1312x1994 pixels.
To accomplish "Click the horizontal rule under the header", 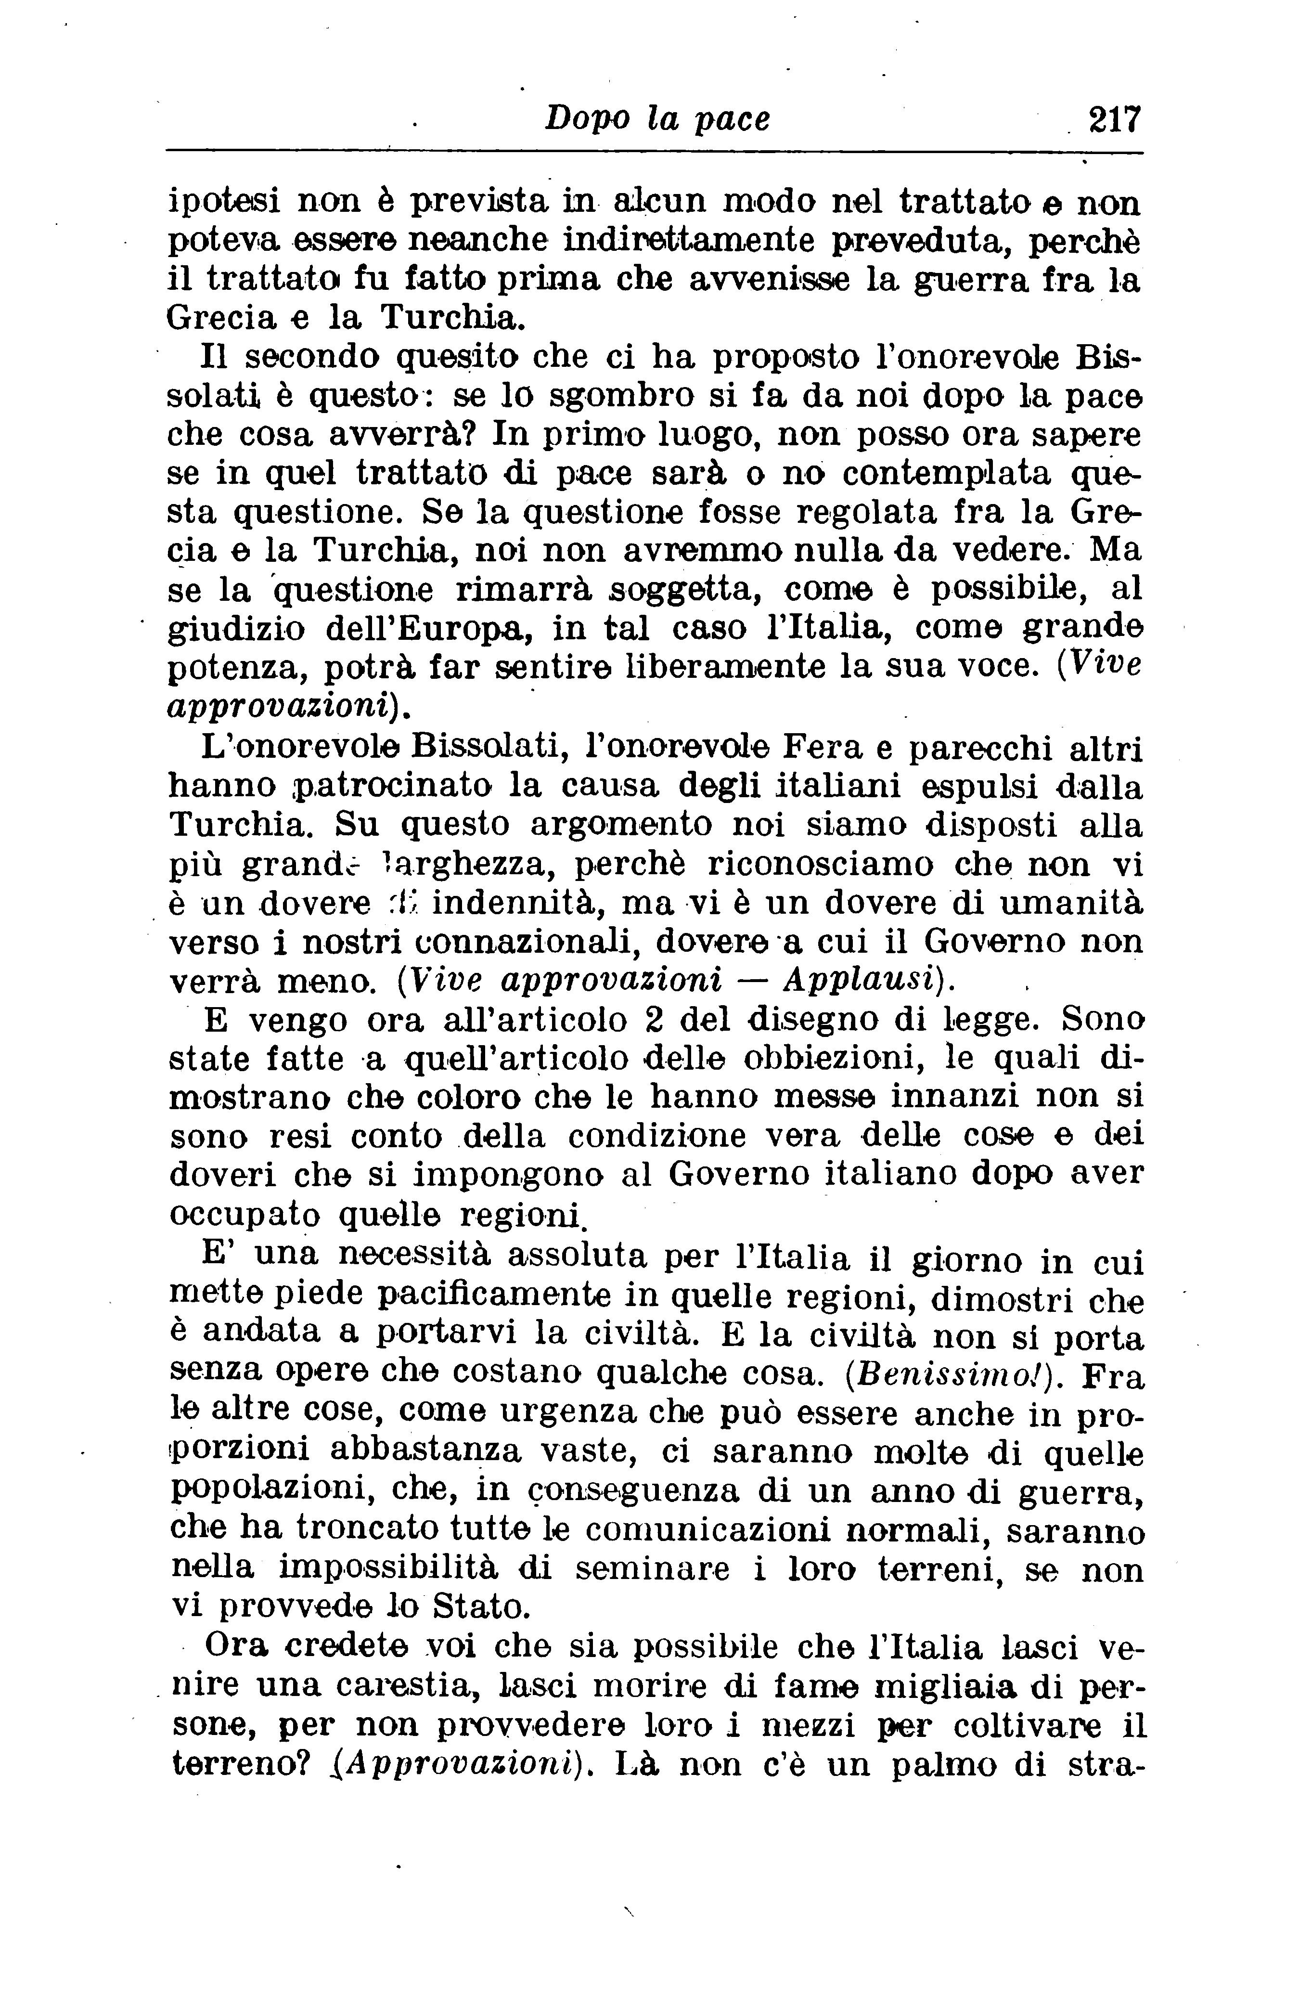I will click(654, 152).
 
